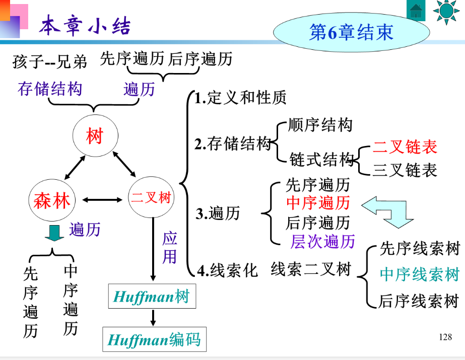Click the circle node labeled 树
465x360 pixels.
point(95,136)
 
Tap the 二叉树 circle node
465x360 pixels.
point(151,198)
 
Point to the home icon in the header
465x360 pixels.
point(416,11)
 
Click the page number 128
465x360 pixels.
point(445,337)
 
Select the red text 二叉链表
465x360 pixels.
point(405,147)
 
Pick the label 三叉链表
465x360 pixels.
point(405,170)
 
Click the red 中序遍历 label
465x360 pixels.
point(318,203)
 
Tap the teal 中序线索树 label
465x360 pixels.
point(419,274)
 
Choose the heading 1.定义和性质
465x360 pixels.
point(241,98)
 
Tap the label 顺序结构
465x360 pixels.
point(320,125)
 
